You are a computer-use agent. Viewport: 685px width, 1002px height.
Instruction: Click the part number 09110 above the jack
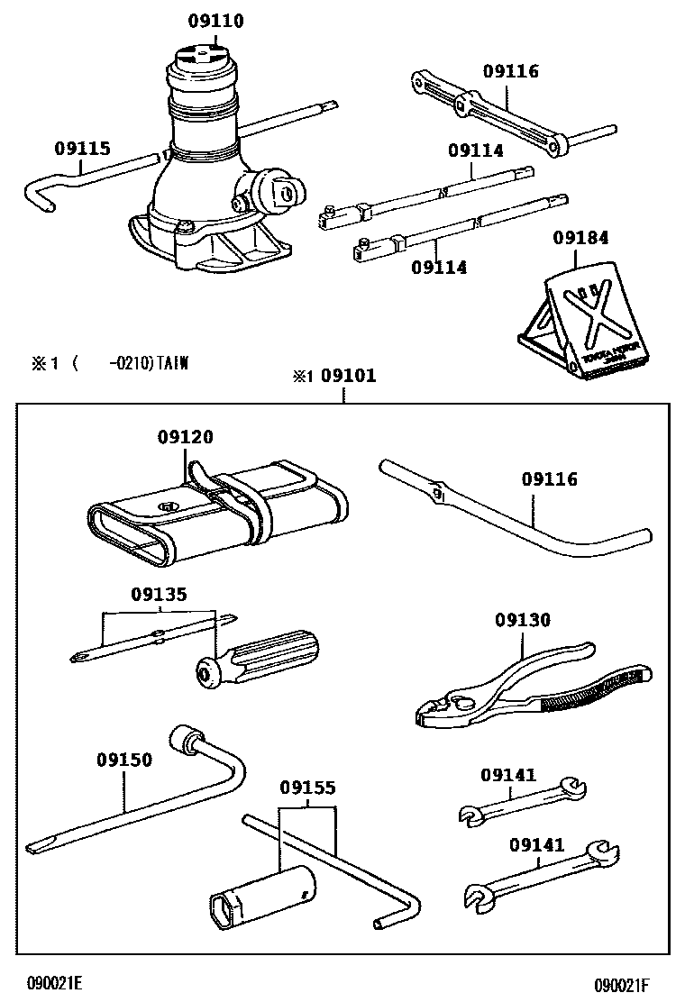[216, 22]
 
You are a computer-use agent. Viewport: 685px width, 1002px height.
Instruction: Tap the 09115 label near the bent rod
[82, 148]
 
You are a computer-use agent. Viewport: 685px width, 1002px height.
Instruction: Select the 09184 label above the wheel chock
[580, 238]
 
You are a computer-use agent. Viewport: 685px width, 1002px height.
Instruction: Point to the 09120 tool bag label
[186, 437]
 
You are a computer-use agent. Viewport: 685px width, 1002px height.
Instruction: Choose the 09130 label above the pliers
[522, 620]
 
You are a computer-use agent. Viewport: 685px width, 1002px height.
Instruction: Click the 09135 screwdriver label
[159, 594]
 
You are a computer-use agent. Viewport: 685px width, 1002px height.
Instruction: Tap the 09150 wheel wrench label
[124, 760]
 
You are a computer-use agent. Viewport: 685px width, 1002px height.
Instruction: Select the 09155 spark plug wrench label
[307, 788]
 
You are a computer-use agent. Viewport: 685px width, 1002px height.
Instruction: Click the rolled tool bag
[216, 514]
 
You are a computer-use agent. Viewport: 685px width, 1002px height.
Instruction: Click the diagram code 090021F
[621, 985]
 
